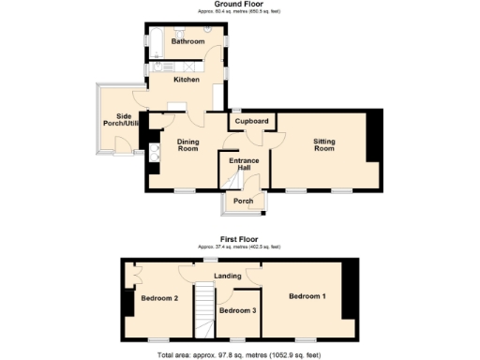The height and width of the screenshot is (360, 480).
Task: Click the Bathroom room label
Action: click(187, 41)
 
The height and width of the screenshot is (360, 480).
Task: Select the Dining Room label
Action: click(188, 145)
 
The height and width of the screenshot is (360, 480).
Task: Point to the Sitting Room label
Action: click(323, 145)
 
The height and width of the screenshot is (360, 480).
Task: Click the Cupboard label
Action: click(251, 121)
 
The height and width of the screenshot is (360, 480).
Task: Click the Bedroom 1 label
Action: click(307, 296)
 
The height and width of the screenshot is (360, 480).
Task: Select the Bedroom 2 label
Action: click(159, 298)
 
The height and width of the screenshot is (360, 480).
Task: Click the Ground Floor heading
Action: click(239, 5)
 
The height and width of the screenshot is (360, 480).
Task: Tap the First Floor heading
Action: click(239, 239)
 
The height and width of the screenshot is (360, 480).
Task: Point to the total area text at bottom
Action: click(239, 354)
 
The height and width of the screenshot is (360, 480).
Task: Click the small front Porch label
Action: click(243, 201)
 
